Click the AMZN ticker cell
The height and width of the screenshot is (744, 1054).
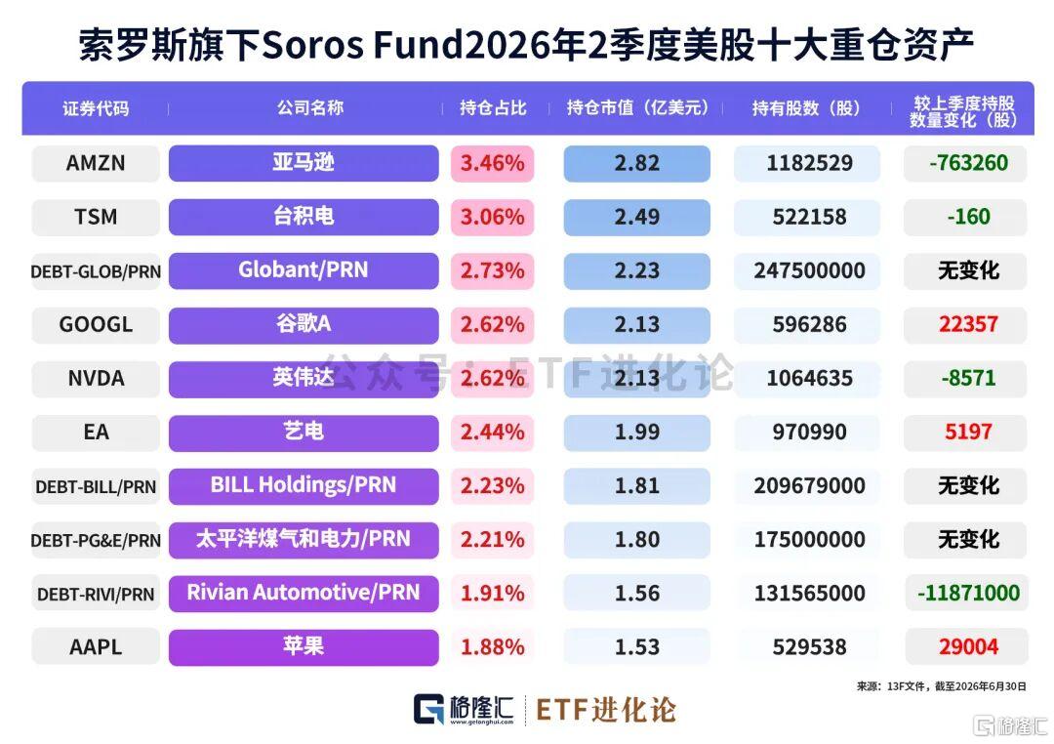[96, 163]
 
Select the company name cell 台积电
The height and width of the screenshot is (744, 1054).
[304, 218]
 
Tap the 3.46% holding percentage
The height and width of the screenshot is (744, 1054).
[492, 163]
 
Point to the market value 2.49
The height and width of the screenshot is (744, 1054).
[636, 218]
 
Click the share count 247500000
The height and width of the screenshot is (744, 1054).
[809, 271]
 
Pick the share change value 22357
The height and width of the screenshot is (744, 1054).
[968, 325]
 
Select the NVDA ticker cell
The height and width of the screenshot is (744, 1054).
[96, 379]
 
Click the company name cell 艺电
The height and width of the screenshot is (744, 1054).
[304, 433]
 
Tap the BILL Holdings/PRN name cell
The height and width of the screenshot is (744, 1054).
[304, 486]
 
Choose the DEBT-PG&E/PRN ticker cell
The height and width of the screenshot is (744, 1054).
[96, 540]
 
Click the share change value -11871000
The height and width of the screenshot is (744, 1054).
[968, 594]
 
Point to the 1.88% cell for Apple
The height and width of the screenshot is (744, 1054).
[492, 647]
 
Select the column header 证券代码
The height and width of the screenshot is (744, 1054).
[96, 108]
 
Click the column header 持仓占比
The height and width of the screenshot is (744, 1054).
[493, 108]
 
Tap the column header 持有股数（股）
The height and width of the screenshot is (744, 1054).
[806, 108]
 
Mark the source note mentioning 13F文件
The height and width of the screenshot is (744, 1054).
[941, 686]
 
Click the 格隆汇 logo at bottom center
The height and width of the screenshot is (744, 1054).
[464, 710]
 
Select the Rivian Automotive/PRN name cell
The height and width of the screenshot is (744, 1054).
[304, 594]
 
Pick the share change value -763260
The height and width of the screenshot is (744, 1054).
[968, 163]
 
